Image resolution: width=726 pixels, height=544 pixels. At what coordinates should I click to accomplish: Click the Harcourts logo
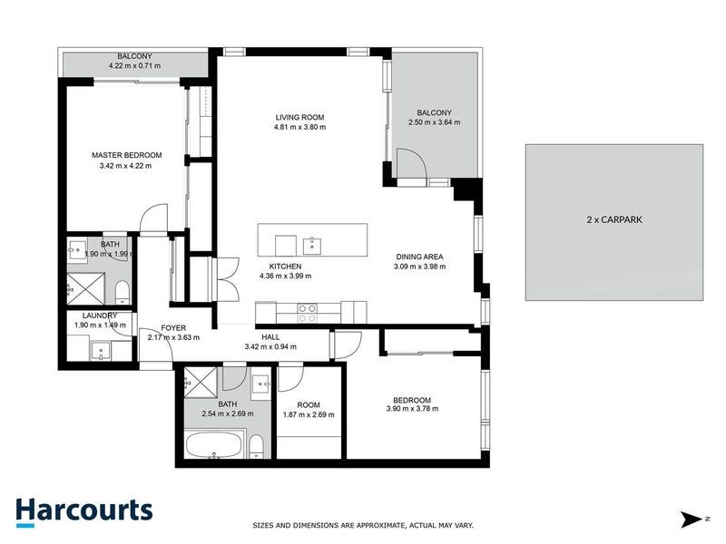(x=83, y=510)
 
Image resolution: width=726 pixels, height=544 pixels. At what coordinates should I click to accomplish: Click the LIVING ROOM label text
(x=300, y=118)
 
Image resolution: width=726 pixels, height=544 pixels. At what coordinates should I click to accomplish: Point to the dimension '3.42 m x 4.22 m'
(x=126, y=166)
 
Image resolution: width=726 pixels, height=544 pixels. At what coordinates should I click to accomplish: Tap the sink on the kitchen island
(x=313, y=243)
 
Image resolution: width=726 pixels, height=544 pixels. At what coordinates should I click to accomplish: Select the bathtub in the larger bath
(x=214, y=445)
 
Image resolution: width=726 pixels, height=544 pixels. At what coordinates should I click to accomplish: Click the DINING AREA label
(x=418, y=257)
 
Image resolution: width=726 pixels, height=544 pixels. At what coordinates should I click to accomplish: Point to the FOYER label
(x=173, y=327)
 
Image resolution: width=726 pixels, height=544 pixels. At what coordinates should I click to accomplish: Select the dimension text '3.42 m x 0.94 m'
(x=270, y=346)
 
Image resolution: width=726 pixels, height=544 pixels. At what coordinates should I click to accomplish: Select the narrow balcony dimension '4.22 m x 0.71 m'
(x=134, y=66)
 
